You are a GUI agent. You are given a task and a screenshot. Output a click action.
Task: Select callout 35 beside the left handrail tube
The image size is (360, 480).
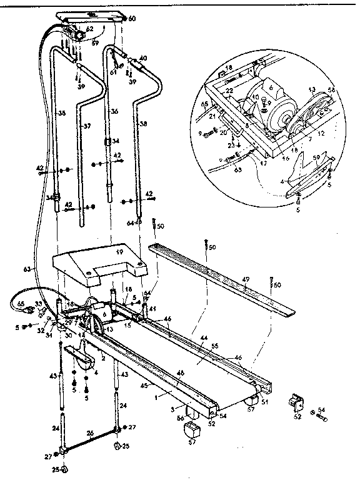pos(61,114)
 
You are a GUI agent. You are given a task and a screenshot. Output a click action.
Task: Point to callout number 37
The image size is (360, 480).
pos(87,126)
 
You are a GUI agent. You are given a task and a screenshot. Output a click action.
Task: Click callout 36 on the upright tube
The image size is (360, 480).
pos(114,111)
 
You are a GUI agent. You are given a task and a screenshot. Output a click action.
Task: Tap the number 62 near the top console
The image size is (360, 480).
pos(89,28)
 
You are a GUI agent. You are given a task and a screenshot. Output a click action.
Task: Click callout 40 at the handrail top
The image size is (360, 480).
pos(143,58)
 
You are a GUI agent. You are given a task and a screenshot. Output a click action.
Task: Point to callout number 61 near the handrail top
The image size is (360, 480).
pos(113,72)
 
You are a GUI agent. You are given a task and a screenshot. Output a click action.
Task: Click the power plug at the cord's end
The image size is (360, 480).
pos(17,305)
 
